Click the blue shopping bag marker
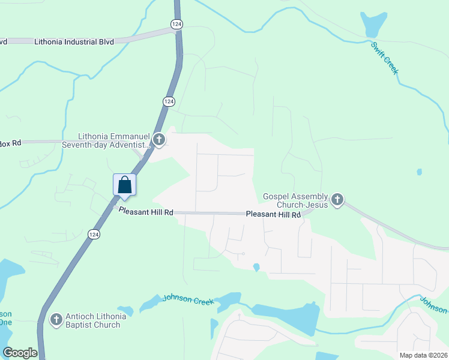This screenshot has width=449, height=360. coord(125,185)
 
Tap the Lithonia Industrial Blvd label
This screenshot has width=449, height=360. coord(74,42)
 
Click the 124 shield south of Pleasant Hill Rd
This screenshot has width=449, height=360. coord(92,235)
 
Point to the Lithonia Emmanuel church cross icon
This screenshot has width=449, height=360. coord(159,140)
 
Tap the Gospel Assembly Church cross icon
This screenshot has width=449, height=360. coord(337,199)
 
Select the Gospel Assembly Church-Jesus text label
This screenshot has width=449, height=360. coord(295,200)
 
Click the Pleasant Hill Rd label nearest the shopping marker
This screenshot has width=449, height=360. coord(146,211)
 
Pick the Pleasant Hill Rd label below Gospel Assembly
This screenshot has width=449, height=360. coord(273,214)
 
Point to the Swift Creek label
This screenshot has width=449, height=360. coord(385,58)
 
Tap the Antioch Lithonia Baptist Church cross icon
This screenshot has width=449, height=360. coord(56,320)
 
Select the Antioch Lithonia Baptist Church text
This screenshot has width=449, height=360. coord(93,320)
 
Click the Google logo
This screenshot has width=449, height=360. coord(20,352)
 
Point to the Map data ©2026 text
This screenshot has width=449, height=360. coord(423,355)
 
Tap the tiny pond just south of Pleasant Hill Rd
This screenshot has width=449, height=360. coord(256,267)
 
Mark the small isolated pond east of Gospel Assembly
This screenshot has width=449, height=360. coord(419,172)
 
